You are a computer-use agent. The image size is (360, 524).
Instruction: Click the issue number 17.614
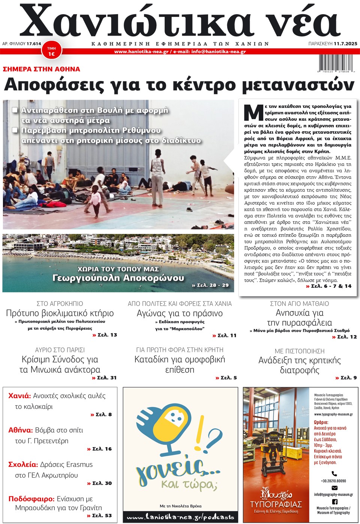pyautogui.click(x=34, y=43)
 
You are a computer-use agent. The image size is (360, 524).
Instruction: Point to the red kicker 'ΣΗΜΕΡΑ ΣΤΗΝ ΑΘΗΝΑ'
pyautogui.click(x=41, y=69)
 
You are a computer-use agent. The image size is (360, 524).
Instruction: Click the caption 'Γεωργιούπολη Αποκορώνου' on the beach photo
pyautogui.click(x=118, y=278)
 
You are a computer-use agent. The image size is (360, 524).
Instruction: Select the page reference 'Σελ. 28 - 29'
pyautogui.click(x=210, y=285)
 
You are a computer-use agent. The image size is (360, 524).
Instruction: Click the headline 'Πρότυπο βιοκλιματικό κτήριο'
pyautogui.click(x=60, y=313)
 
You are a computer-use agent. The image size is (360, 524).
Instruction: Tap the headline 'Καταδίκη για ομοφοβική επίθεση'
pyautogui.click(x=180, y=364)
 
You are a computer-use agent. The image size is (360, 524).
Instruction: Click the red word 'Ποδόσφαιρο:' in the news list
pyautogui.click(x=31, y=499)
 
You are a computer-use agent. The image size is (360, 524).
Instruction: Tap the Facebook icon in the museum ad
pyautogui.click(x=334, y=502)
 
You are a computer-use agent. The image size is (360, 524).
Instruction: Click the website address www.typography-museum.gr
pyautogui.click(x=333, y=414)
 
